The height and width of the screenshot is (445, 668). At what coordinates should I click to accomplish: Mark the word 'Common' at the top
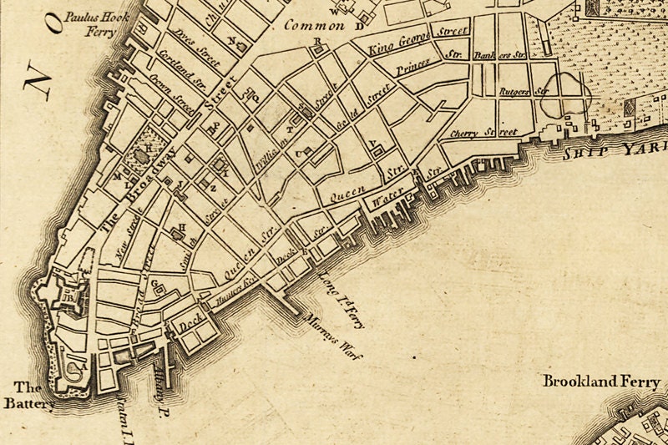tap(314, 26)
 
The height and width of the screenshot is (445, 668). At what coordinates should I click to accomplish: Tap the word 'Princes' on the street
tap(412, 67)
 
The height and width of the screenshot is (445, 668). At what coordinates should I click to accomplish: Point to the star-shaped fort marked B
tap(68, 296)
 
